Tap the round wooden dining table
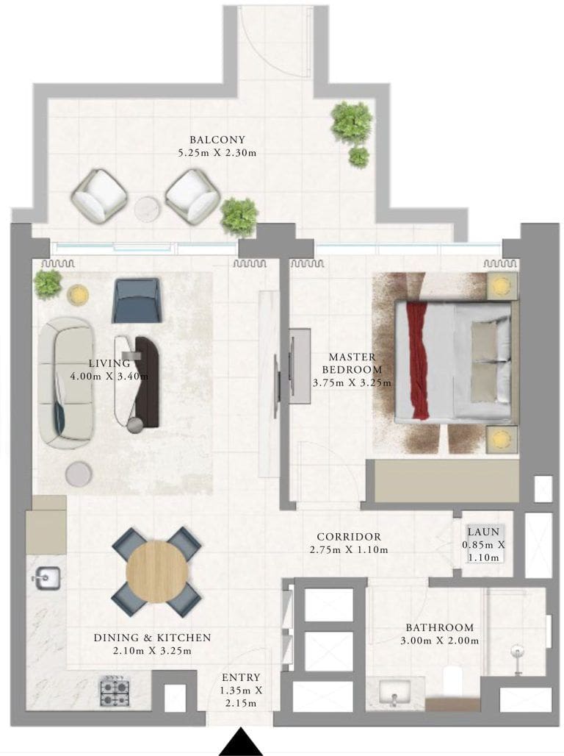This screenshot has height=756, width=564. click(157, 571)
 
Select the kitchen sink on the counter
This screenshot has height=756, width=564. click(46, 577)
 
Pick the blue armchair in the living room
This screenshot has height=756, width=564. click(136, 300)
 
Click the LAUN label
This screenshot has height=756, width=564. click(483, 532)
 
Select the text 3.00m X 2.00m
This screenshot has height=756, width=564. click(440, 641)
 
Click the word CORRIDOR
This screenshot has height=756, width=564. click(349, 537)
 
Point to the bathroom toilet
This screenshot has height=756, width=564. click(452, 680)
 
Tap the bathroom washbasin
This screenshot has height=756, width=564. click(395, 693)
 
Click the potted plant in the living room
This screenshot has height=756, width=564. click(48, 284)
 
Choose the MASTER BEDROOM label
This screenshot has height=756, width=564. click(352, 363)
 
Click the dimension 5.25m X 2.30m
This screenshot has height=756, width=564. click(217, 153)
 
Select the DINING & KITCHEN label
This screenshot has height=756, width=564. click(152, 638)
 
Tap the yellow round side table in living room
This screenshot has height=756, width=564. click(78, 294)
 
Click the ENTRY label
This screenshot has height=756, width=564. click(241, 677)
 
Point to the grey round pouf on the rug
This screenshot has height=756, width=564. click(79, 474)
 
